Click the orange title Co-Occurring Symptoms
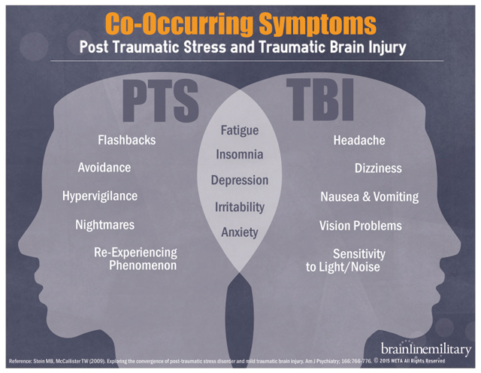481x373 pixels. [240, 23]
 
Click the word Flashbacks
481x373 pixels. [127, 140]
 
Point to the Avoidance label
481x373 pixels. [104, 168]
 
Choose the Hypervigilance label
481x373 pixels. [100, 196]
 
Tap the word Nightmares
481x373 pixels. [105, 225]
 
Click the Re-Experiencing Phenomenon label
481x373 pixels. [135, 259]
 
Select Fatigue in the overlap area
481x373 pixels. [240, 130]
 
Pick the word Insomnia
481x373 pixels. [240, 155]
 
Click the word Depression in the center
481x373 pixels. [240, 180]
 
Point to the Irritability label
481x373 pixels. [240, 206]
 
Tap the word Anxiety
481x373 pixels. [240, 232]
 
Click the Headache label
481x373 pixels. [359, 140]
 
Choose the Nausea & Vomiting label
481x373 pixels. [369, 197]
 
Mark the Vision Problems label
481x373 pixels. [360, 226]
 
